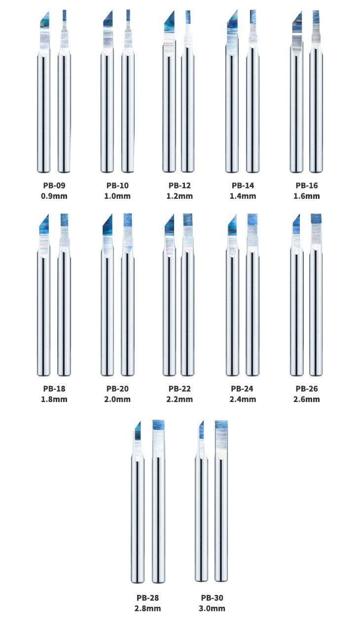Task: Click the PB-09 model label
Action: pos(54,186)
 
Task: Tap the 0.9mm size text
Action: pos(54,196)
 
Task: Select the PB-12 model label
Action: pos(180,186)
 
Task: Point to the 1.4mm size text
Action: pos(244,196)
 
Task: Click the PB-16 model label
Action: pos(307,186)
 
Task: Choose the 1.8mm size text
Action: pos(54,399)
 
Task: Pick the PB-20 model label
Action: pos(117,389)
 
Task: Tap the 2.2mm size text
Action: pos(180,399)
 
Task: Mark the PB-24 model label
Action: pos(244,389)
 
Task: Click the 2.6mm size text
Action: pos(307,399)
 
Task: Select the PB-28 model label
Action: pos(147,598)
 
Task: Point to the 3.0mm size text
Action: pos(212,608)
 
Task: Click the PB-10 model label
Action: pos(117,186)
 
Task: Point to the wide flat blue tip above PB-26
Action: pos(316,220)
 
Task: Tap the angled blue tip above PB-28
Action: pos(138,431)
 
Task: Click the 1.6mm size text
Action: pos(307,196)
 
